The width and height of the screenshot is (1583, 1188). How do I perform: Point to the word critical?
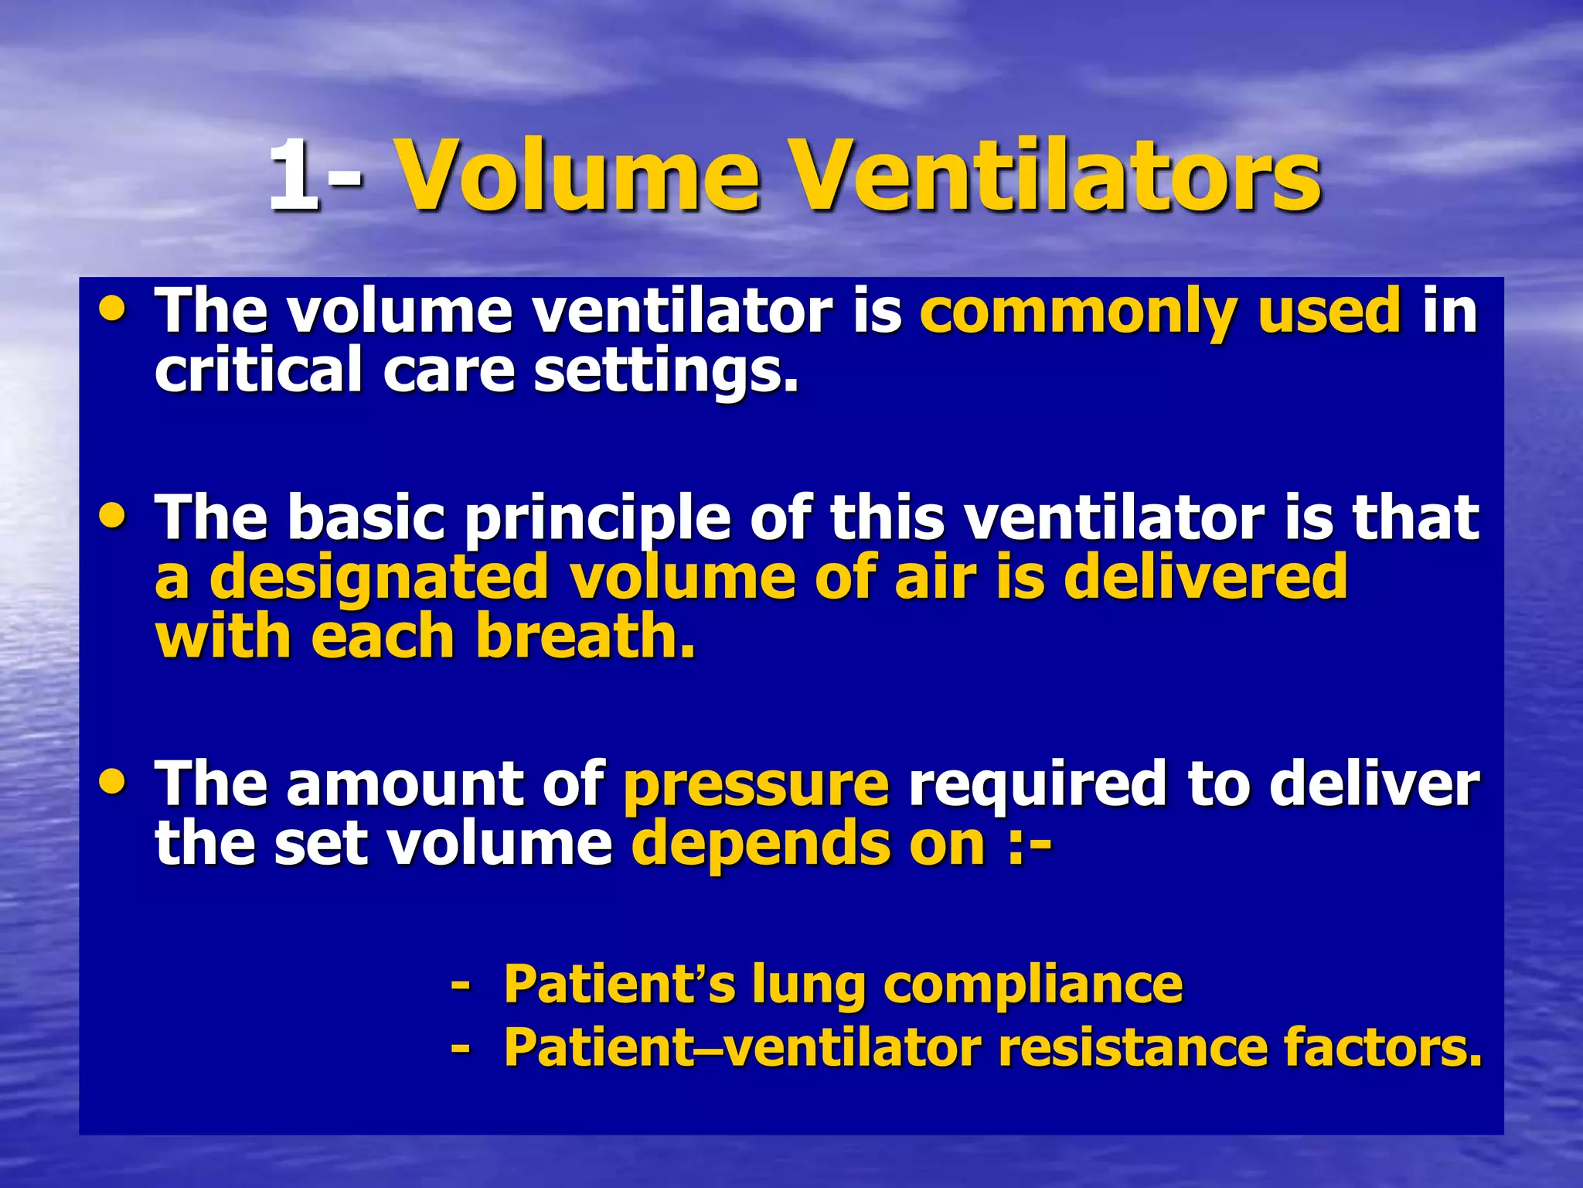point(258,370)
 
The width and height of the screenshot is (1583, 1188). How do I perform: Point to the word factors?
point(1383,1047)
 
